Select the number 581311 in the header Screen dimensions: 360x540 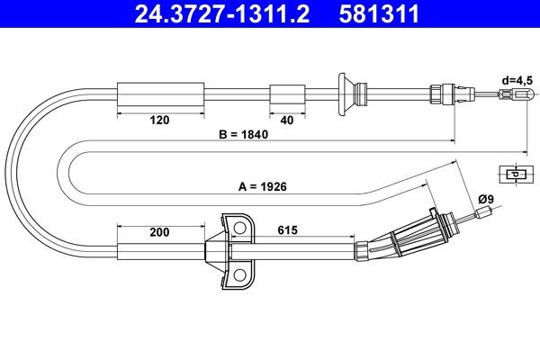pyautogui.click(x=381, y=14)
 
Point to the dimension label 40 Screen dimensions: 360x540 pyautogui.click(x=286, y=118)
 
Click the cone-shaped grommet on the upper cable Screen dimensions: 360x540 pyautogui.click(x=345, y=93)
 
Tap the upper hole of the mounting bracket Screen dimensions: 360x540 pyautogui.click(x=238, y=227)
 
